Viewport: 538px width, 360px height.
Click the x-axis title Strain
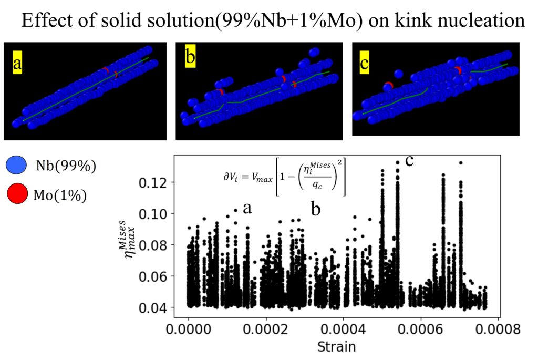click(x=336, y=347)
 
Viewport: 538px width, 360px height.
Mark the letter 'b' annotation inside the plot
click(x=316, y=209)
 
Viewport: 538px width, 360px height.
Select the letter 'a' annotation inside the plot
click(x=247, y=208)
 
